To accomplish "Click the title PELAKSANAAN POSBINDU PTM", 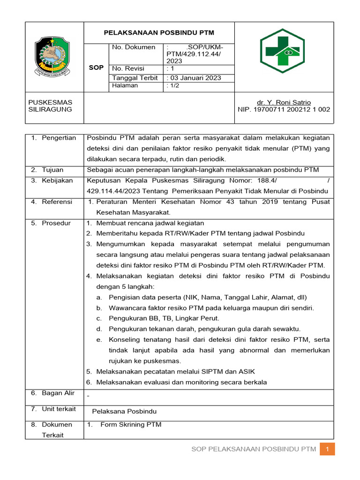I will pos(158,33).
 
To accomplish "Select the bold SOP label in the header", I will pos(96,68).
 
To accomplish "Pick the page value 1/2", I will pos(173,86).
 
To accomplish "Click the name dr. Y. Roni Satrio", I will pos(284,102).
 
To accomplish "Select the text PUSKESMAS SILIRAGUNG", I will pos(50,106).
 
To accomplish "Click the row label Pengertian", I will pos(59,138).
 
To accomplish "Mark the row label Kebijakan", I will pos(57,180).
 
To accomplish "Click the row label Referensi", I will pos(57,202).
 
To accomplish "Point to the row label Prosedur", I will pos(56,223).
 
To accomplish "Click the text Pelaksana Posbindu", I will pos(124,412).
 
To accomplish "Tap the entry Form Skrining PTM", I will pos(131,425).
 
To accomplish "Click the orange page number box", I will pos(328,450).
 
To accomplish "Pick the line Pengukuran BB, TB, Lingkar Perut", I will pos(164,318).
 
